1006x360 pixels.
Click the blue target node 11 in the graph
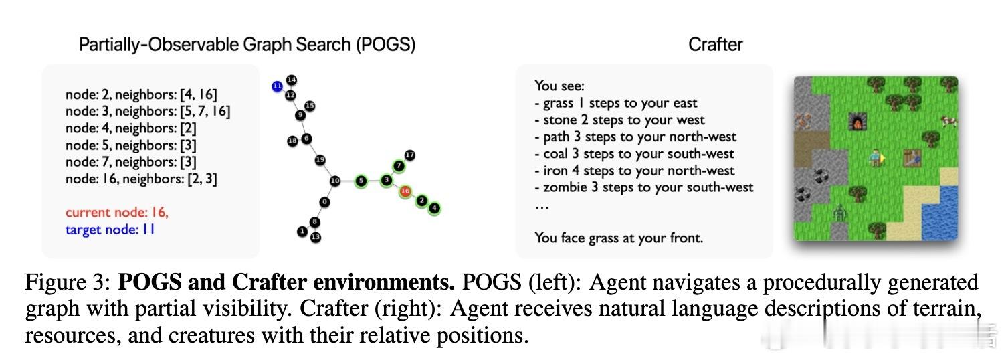coord(277,86)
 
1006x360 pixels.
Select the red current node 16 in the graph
coord(405,191)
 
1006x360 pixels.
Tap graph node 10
coord(335,181)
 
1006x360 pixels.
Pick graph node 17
coord(409,155)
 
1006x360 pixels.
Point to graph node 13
coord(316,237)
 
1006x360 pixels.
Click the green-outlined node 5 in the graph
coord(361,181)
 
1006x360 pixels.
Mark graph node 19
coord(320,160)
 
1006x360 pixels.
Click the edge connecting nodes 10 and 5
coord(348,181)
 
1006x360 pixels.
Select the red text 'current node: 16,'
coord(117,212)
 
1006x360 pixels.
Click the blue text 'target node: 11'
coord(110,230)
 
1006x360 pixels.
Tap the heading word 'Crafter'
coord(716,44)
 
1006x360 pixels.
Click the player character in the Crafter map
coord(876,158)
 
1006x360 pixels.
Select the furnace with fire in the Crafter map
coord(858,121)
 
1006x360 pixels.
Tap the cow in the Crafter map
coord(950,121)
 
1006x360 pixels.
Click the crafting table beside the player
coord(912,158)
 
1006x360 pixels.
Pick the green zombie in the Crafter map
coord(839,213)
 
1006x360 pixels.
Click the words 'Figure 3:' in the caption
coord(68,283)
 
